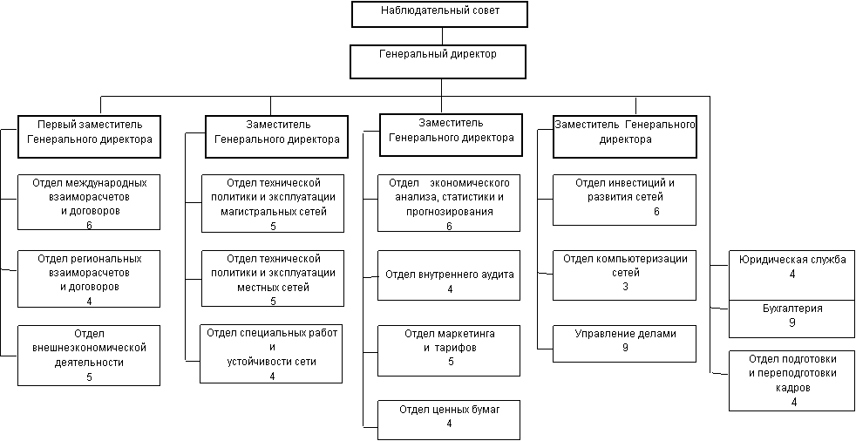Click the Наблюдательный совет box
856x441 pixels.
tap(440, 14)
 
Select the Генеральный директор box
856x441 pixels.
tap(440, 62)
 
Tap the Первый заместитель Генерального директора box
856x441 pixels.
tap(90, 136)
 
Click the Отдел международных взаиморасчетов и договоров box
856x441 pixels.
tap(90, 202)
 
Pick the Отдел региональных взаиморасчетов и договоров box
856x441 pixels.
tap(90, 278)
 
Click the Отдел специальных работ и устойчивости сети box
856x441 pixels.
tap(272, 354)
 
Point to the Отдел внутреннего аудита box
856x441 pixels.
tap(449, 275)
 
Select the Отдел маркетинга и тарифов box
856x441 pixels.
tap(449, 350)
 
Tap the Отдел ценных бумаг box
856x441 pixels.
tap(449, 420)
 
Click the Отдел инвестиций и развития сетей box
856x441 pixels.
tap(624, 200)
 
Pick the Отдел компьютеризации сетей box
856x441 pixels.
tap(624, 275)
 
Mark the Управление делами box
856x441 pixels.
tap(624, 343)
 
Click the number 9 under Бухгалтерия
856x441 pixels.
tap(791, 322)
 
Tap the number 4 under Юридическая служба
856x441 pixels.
tap(792, 274)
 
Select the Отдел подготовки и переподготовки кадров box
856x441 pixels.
tap(792, 381)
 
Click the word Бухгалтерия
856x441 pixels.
tap(792, 309)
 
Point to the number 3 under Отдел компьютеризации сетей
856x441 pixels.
tap(625, 286)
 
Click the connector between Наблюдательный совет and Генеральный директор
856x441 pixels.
tap(442, 36)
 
